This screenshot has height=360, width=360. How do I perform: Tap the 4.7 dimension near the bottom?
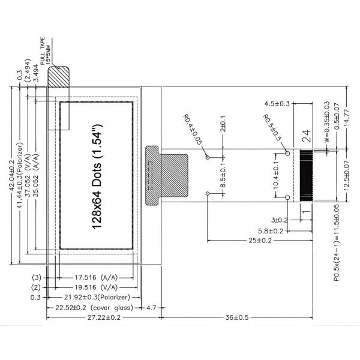click(x=152, y=307)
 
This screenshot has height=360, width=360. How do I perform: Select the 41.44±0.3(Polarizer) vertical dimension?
click(x=21, y=174)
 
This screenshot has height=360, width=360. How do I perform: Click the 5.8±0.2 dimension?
click(x=271, y=230)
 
